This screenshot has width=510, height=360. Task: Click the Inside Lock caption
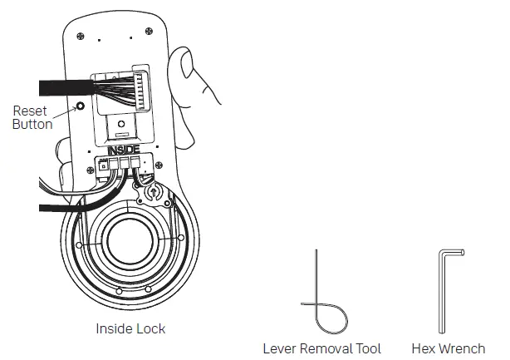coord(130,328)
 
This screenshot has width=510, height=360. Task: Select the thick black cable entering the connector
coord(62,86)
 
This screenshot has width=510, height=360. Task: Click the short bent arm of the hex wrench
coord(452,253)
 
